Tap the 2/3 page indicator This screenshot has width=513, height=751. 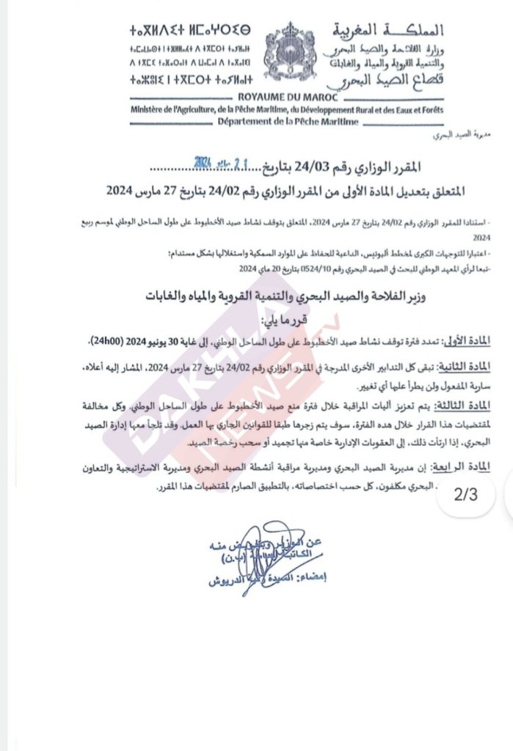coord(465,494)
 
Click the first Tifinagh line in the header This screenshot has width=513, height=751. coord(189,32)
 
